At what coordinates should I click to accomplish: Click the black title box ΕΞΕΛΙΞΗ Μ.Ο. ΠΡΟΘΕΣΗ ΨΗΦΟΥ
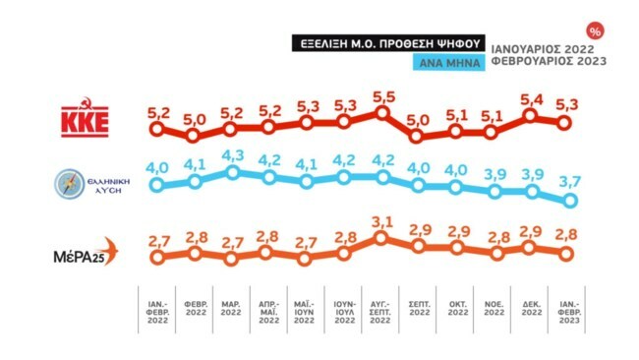tap(388, 43)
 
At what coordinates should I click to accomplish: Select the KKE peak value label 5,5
tap(382, 95)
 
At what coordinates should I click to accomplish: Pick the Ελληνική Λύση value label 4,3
tap(232, 154)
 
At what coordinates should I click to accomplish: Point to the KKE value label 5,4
tap(532, 99)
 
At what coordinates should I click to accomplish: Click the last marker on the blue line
tap(569, 201)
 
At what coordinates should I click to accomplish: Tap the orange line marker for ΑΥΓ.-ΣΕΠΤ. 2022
tap(382, 239)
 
